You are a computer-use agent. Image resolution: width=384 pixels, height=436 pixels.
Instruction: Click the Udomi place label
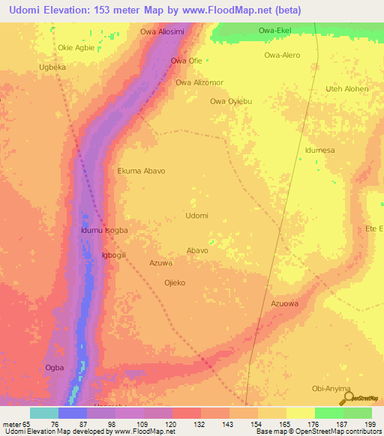pos(196,216)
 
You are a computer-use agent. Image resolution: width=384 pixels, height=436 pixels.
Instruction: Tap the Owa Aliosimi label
pos(163,32)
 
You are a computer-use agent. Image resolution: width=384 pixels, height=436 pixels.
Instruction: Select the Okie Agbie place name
pos(76,47)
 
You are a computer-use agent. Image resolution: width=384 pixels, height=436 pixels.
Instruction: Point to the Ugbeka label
pos(52,67)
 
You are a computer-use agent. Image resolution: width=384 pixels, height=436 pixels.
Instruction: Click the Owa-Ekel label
pos(274,31)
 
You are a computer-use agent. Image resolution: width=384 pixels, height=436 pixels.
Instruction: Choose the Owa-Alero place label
pos(282,55)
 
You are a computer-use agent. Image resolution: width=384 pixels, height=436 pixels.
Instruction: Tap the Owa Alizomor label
pos(199,83)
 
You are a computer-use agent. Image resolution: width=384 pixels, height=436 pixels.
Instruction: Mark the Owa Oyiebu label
pos(231,101)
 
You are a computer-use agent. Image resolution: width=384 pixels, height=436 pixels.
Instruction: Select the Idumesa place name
pos(319,151)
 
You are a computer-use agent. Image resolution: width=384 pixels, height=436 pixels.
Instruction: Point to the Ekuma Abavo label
pos(141,171)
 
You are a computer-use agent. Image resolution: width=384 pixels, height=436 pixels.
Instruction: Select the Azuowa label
pos(284,303)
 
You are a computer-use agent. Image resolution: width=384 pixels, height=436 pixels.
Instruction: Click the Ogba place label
pos(55,367)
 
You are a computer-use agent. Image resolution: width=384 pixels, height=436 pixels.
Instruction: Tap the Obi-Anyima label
pos(331,388)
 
